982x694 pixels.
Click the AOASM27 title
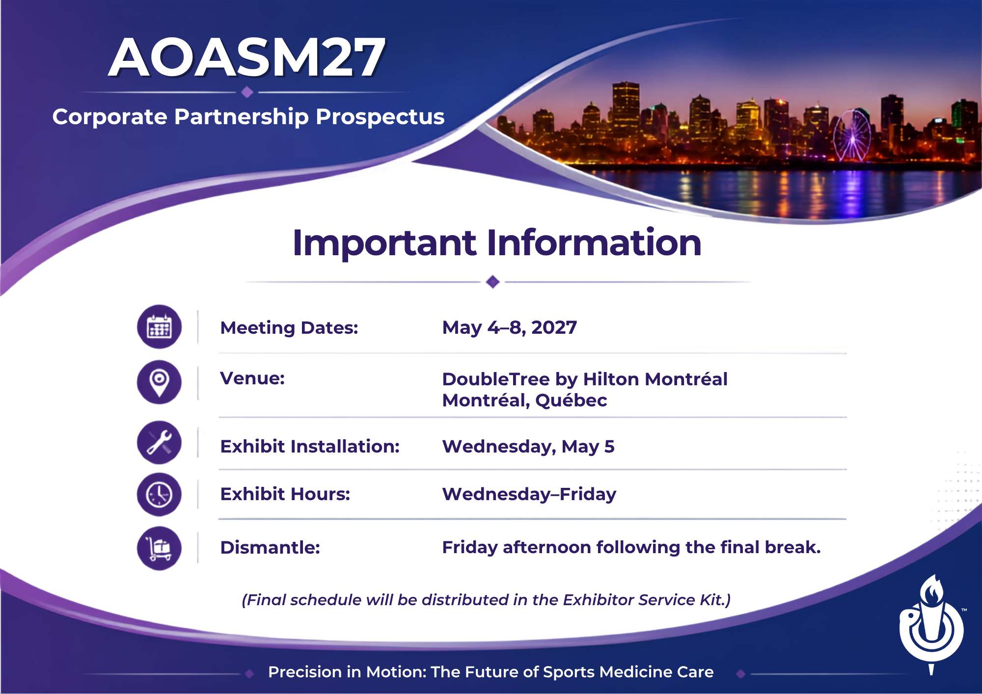coord(247,57)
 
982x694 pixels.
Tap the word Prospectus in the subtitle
coord(380,117)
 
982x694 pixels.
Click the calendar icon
coord(159,327)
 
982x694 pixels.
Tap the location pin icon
coord(159,382)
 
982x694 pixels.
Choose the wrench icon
coord(159,443)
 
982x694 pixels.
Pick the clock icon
coord(159,494)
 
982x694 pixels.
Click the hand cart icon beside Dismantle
coord(159,548)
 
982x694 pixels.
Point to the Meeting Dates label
coord(289,328)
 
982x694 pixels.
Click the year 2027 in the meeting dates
coord(554,327)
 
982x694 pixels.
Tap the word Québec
coord(571,400)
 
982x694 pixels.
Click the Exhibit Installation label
coord(310,447)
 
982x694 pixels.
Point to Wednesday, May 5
coord(528,447)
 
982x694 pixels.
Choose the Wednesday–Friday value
coord(529,494)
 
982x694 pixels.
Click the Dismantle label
coord(270,547)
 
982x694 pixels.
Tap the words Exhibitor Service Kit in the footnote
coord(643,600)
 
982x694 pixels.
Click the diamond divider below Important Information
coord(492,282)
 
